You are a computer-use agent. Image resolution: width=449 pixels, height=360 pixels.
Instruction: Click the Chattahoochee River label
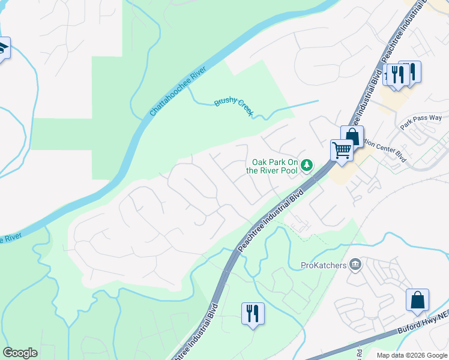(x=178, y=92)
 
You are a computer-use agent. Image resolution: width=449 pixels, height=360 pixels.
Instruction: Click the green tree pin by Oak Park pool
(x=307, y=164)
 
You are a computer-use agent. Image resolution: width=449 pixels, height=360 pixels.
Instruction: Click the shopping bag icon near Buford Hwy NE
(x=417, y=300)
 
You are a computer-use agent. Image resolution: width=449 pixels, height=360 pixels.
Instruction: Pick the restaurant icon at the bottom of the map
(x=253, y=313)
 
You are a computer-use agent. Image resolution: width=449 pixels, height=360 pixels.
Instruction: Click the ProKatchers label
(x=324, y=265)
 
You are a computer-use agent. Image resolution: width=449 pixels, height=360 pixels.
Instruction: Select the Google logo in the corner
(x=20, y=353)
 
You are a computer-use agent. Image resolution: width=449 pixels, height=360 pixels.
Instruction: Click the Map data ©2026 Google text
(x=412, y=355)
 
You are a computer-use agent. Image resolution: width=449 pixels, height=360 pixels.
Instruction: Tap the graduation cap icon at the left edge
(x=3, y=47)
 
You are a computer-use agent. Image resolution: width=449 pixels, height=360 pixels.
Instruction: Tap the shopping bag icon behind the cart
(x=353, y=135)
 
